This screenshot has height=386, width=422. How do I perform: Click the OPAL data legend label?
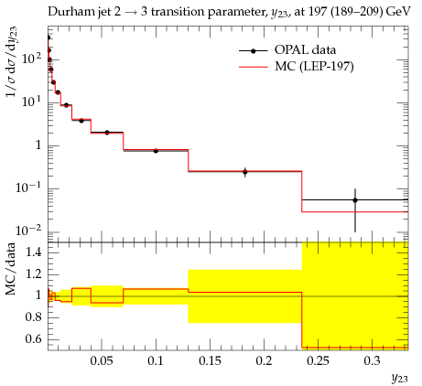tap(305, 50)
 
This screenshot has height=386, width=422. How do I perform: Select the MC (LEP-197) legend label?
tap(314, 66)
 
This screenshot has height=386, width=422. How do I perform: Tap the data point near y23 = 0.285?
tap(355, 200)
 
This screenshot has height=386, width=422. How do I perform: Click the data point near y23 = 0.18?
tap(245, 172)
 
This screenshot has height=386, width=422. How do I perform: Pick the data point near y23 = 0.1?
tap(156, 151)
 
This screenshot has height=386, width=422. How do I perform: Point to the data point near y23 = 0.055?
tap(107, 133)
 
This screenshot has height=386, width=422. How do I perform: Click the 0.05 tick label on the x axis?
tap(102, 361)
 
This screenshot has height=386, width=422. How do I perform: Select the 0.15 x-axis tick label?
tap(210, 361)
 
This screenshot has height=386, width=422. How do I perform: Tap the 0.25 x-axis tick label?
tap(319, 361)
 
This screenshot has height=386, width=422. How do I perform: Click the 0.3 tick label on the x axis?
tap(373, 361)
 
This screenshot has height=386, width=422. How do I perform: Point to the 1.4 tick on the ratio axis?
tap(33, 252)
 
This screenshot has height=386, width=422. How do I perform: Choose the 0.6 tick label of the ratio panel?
tap(33, 338)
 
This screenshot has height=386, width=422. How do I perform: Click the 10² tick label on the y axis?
tap(32, 58)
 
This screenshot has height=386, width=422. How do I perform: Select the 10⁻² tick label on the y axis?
tap(29, 231)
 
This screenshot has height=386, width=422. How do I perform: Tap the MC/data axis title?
tap(11, 269)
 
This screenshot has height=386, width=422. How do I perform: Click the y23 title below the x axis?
tap(399, 379)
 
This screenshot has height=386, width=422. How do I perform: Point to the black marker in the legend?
tap(253, 51)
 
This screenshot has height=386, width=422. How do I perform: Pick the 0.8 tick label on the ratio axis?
tap(33, 317)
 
